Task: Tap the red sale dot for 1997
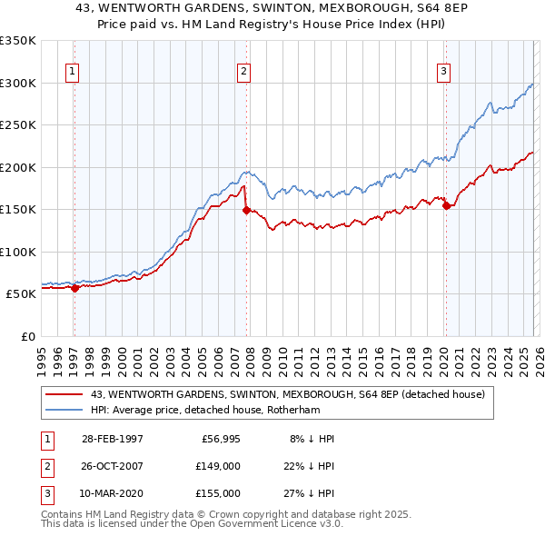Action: click(74, 288)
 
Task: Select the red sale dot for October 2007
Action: click(246, 210)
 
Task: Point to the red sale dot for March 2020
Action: click(446, 205)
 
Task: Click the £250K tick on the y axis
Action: click(18, 125)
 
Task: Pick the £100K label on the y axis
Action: click(18, 252)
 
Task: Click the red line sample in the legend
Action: click(65, 394)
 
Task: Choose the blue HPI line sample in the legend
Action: click(65, 410)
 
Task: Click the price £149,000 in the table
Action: click(218, 466)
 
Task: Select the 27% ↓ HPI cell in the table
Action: click(308, 493)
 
